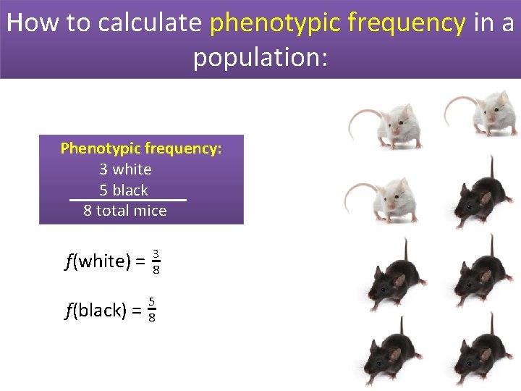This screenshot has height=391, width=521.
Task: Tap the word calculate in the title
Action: coord(149,23)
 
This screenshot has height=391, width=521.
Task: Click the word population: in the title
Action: coord(260,57)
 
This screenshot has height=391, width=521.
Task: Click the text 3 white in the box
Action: coord(125,169)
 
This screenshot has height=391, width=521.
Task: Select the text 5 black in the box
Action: coord(124,190)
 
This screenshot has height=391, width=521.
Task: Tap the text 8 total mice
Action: coord(125,211)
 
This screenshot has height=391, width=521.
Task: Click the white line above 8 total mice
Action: coord(127,200)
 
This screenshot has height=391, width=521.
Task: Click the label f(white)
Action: coord(97,261)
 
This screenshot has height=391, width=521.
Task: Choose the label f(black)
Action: coord(96,311)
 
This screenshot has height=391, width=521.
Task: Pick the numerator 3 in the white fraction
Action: coord(156,253)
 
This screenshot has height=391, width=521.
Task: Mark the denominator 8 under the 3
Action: coord(156,270)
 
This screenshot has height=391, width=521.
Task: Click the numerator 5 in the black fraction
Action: coord(151,302)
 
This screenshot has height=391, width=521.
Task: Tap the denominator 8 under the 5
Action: coord(151,318)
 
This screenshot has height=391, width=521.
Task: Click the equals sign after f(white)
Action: coord(140,261)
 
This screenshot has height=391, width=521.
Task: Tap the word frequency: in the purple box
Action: coord(183,148)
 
